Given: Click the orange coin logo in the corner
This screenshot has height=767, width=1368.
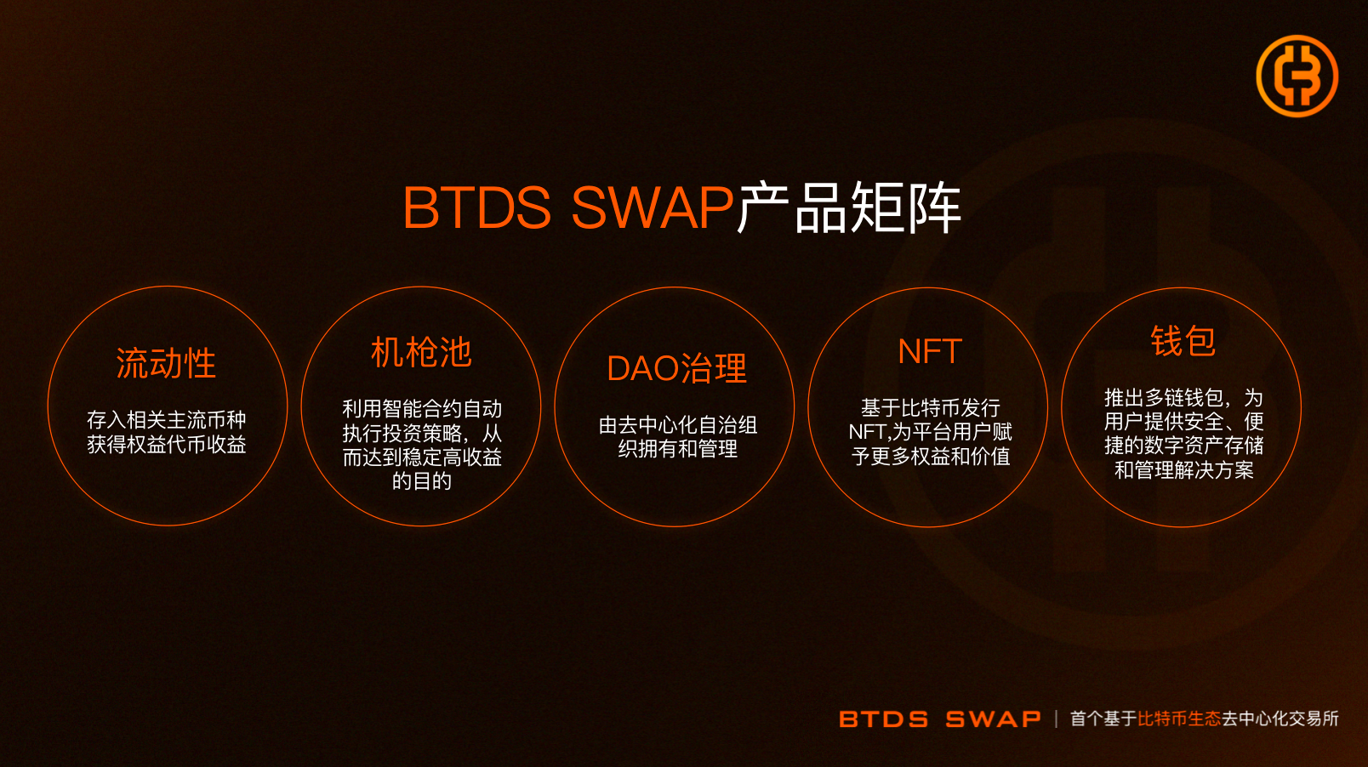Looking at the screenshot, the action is (x=1297, y=76).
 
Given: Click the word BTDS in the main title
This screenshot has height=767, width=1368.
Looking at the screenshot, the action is (x=477, y=207).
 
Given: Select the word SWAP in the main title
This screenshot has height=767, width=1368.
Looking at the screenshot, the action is (x=653, y=207).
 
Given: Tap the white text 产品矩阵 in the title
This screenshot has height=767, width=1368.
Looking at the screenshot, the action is (x=850, y=207).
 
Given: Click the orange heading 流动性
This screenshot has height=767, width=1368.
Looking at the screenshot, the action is (x=166, y=364).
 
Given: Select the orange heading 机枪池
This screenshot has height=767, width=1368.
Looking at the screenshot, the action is (x=421, y=352).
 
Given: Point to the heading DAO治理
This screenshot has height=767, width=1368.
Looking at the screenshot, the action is (x=676, y=368).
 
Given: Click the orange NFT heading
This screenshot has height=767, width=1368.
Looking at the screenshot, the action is (x=930, y=351).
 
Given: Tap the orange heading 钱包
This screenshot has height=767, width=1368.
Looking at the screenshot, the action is (x=1183, y=340).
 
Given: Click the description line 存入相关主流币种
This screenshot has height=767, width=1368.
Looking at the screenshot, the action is (x=166, y=420).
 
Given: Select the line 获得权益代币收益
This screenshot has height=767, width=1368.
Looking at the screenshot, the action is (x=166, y=444).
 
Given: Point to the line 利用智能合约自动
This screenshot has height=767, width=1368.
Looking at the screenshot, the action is (x=422, y=409).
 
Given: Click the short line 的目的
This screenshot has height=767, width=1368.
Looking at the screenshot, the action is (x=422, y=481).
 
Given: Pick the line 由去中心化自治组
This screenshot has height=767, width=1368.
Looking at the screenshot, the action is (x=678, y=425).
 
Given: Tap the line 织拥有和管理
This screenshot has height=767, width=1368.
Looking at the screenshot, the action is (x=678, y=449).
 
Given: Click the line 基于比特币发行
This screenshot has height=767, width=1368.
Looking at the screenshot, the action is (x=930, y=407).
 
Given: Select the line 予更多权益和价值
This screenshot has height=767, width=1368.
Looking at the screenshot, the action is (x=930, y=456).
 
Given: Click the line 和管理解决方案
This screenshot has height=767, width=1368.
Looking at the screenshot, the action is (x=1183, y=470).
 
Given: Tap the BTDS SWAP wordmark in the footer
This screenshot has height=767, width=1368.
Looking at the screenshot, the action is (x=940, y=719).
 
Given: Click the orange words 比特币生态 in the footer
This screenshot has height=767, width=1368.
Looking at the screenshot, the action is (x=1179, y=719).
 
